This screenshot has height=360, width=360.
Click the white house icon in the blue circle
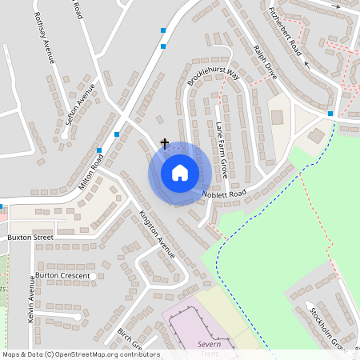click(x=180, y=173)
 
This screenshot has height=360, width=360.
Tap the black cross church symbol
click(x=165, y=144)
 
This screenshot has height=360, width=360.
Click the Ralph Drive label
click(x=265, y=62)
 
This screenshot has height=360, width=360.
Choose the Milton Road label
click(x=90, y=171)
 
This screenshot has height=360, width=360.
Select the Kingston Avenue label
click(x=156, y=233)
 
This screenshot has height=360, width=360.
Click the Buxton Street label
click(x=30, y=238)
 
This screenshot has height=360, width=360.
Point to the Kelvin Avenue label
click(x=33, y=298)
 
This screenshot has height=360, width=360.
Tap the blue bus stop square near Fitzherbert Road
click(x=330, y=114)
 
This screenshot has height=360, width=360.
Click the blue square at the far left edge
click(x=1, y=206)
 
